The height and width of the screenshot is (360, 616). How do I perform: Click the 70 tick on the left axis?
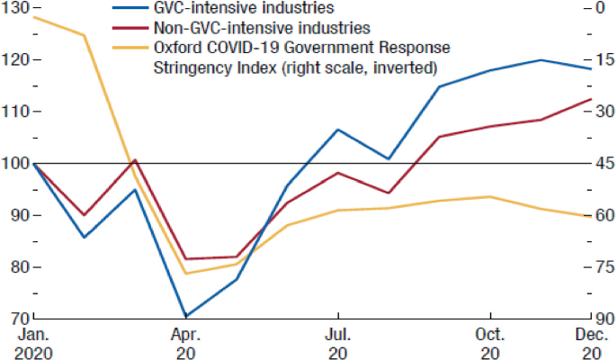tap(15, 319)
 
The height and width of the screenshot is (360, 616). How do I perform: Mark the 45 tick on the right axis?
tap(603, 164)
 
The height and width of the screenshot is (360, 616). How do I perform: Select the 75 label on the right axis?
tap(603, 267)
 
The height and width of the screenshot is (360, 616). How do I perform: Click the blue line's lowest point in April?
tap(186, 317)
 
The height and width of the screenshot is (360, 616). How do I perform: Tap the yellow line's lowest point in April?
tap(186, 274)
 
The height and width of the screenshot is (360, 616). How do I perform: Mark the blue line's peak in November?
tap(540, 60)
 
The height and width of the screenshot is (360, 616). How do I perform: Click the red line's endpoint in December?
tap(591, 99)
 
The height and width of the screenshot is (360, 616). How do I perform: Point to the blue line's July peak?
tap(338, 130)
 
